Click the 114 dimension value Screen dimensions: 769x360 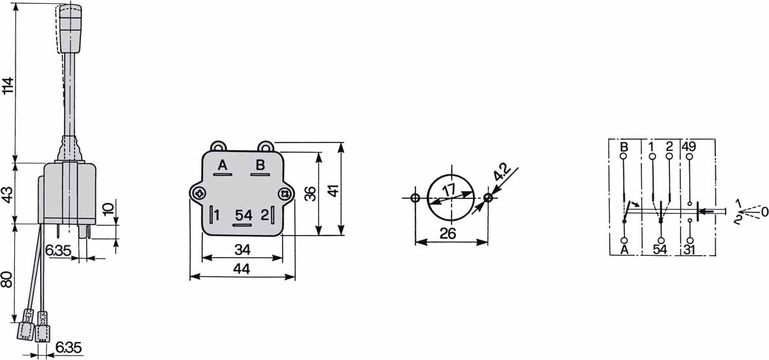8,86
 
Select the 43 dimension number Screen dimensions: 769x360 8,192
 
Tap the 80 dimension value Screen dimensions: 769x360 8,281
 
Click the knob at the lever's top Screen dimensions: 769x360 69,28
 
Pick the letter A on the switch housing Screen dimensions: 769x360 223,166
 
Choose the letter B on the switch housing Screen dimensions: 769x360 260,165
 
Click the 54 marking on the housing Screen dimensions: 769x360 243,216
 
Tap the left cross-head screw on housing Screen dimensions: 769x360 199,194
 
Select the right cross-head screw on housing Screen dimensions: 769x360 284,194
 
